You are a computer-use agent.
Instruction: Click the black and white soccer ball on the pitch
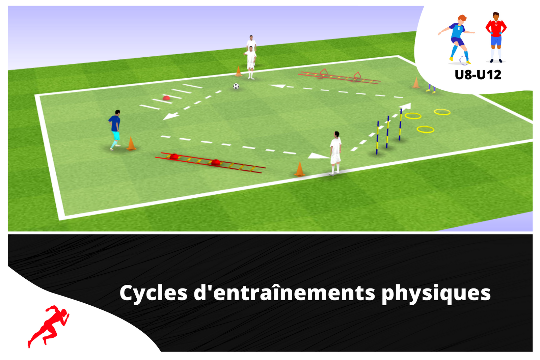236,86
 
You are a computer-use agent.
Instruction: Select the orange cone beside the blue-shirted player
131,144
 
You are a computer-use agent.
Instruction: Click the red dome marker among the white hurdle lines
166,98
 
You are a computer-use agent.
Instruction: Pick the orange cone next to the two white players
239,72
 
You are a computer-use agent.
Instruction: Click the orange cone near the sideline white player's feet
299,169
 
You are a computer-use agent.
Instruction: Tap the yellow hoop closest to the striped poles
413,116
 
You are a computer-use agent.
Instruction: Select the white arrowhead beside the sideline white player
317,156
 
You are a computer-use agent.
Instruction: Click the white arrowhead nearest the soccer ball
278,86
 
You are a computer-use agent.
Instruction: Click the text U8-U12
478,75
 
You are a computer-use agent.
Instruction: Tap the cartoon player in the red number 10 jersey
496,37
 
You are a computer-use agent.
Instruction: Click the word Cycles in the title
153,293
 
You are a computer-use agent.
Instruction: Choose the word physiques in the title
436,294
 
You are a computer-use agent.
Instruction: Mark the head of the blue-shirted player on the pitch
117,112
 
